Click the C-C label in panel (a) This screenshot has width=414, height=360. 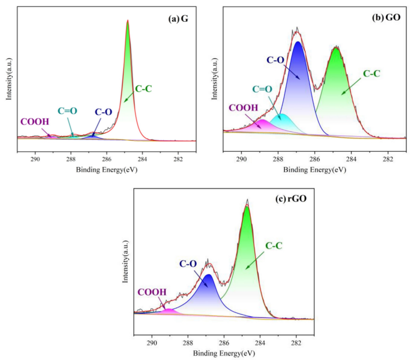point(144,89)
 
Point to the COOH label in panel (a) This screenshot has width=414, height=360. point(35,121)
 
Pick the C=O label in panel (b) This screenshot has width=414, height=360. point(262,89)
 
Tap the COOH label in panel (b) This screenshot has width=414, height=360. point(243,108)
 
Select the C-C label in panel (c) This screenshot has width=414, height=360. point(274,245)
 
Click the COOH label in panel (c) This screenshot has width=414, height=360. point(152,292)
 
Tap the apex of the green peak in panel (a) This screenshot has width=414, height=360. point(128,21)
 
